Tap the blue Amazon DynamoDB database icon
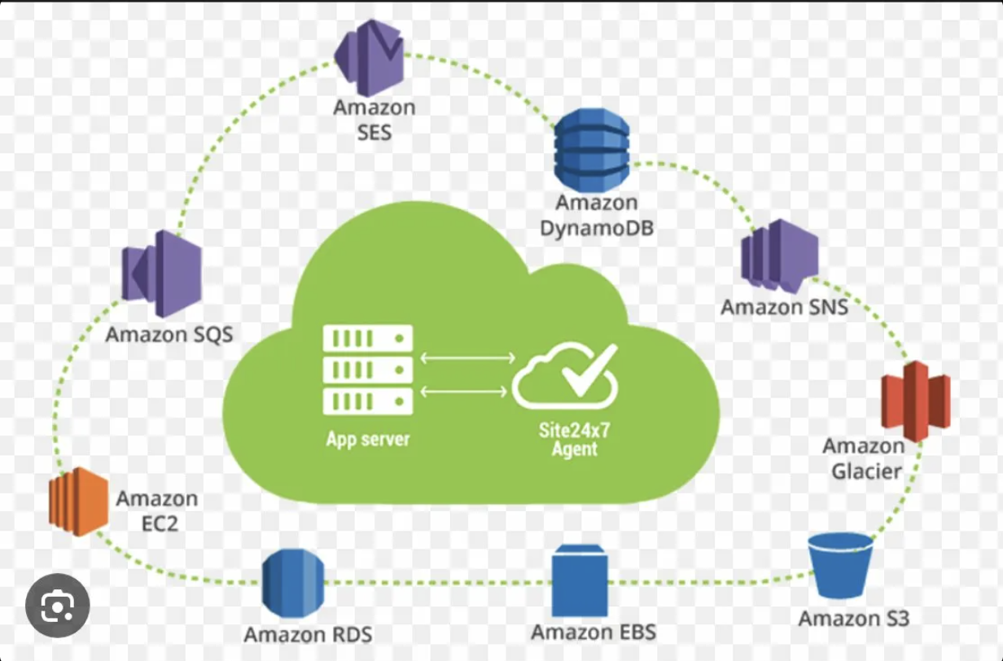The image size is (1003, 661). tap(592, 150)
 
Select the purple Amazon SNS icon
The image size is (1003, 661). tap(779, 256)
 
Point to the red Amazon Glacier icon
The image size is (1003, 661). tap(916, 401)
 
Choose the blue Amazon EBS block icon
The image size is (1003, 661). tap(580, 581)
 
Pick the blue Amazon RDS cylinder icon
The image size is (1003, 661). tap(293, 582)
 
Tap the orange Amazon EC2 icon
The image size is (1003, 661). tap(78, 501)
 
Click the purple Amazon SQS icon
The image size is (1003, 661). tap(162, 273)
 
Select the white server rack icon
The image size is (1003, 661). tap(368, 369)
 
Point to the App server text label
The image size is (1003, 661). tap(368, 440)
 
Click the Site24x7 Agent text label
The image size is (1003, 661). tap(574, 439)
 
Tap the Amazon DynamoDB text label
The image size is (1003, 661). tap(597, 215)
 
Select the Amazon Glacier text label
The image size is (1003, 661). tap(865, 458)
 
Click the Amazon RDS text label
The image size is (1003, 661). tap(308, 634)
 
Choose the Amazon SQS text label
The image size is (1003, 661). tap(169, 334)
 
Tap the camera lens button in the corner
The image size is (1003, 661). tap(57, 605)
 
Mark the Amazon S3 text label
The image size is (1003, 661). tap(853, 619)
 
